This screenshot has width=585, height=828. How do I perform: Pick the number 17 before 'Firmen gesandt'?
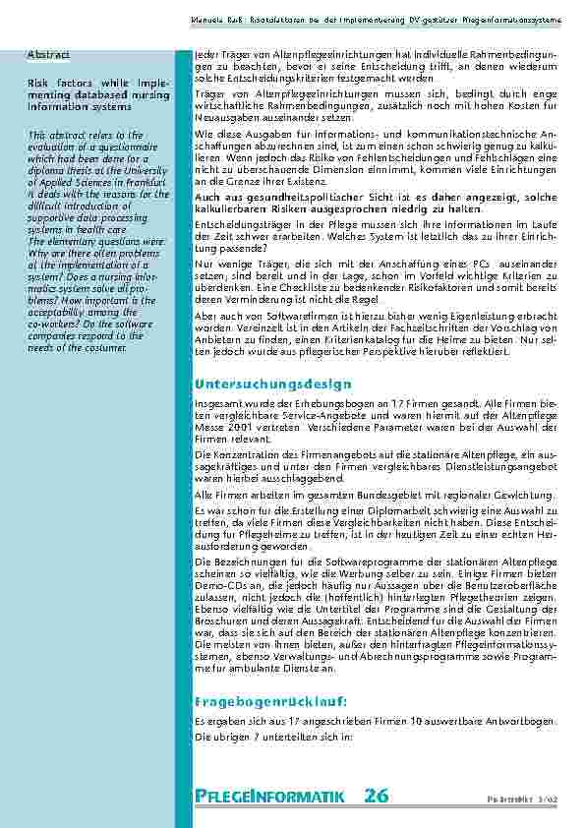[370, 404]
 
